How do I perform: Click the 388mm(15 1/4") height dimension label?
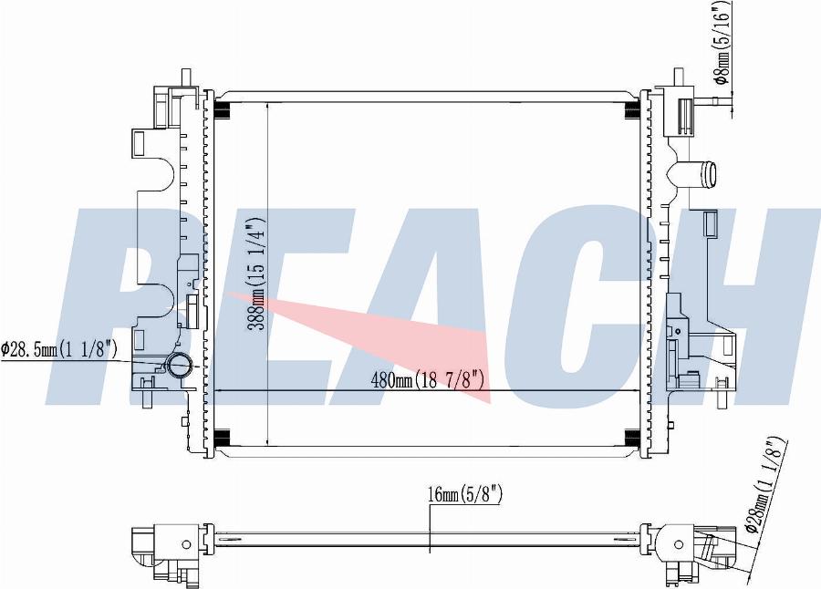point(257,273)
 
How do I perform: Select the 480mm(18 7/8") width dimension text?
point(427,379)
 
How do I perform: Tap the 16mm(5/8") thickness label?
point(465,493)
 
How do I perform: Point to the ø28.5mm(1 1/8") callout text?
point(58,348)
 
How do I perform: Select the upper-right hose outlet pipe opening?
point(710,174)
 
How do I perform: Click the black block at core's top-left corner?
point(223,109)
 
